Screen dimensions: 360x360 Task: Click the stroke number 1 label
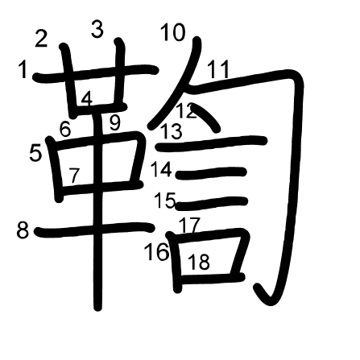point(23,69)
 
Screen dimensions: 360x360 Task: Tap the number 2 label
point(41,39)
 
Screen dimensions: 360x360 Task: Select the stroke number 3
point(97,29)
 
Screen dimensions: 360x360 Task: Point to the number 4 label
point(87,99)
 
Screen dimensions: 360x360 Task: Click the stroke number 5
point(35,153)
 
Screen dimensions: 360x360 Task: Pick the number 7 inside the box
point(74,175)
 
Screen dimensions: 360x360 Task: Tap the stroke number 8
point(23,230)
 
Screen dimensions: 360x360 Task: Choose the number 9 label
point(115,123)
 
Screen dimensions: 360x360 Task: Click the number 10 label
point(173,32)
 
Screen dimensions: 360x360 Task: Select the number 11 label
point(218,69)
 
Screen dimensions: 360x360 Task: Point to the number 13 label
point(172,131)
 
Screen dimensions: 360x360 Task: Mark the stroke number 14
point(161,169)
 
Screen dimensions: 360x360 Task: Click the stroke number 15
point(165,201)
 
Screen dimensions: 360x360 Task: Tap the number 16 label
point(157,251)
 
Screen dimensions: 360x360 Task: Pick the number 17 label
point(189,225)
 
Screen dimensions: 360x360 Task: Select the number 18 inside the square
point(199,262)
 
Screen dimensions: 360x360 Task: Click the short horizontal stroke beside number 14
point(211,173)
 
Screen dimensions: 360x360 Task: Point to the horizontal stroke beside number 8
point(94,229)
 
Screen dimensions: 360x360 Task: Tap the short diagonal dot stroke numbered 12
point(207,118)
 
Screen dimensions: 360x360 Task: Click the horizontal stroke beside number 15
point(212,204)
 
